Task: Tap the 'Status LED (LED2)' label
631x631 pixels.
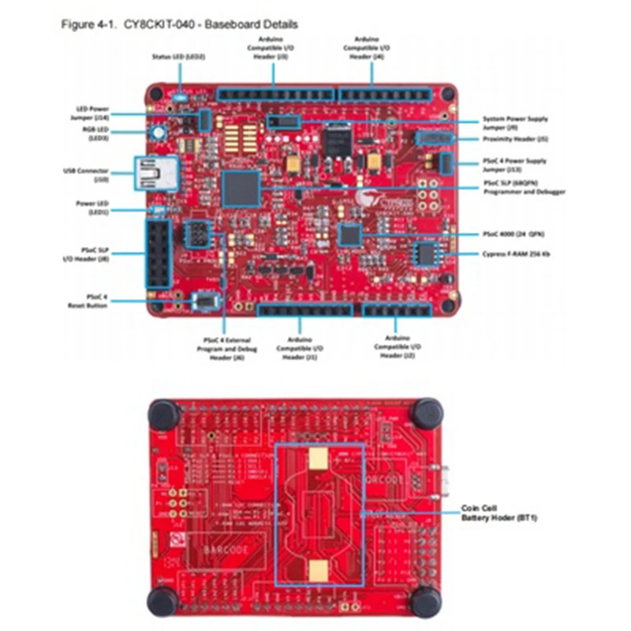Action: [x=178, y=57]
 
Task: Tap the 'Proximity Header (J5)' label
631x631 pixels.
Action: [x=514, y=139]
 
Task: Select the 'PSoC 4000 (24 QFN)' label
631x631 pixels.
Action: [x=513, y=234]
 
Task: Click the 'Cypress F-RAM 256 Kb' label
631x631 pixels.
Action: [x=516, y=254]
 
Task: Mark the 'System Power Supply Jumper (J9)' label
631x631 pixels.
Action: [x=515, y=122]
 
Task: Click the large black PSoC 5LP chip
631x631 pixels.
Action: [x=241, y=189]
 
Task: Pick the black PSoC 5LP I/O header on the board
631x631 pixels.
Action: [x=159, y=254]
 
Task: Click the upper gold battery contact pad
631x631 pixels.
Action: [x=319, y=458]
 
